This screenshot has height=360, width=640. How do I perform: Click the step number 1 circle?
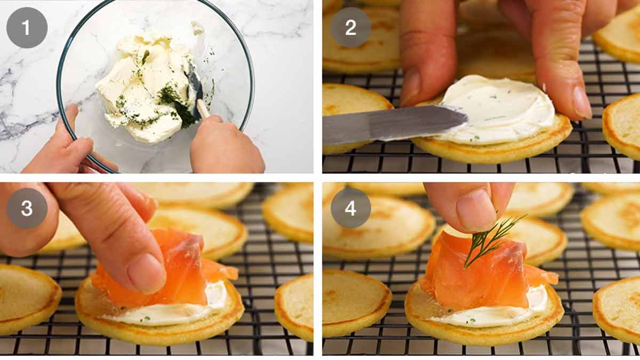click(x=27, y=28)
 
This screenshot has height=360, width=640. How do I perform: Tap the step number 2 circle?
click(x=350, y=28)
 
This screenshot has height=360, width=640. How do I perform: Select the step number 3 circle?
click(x=27, y=208)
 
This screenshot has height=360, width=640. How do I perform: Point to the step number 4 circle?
click(x=350, y=208)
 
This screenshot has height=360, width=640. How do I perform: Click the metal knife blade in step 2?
click(x=389, y=124)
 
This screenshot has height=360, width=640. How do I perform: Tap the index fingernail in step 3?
click(x=146, y=272)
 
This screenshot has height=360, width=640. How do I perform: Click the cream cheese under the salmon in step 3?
click(x=176, y=312)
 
